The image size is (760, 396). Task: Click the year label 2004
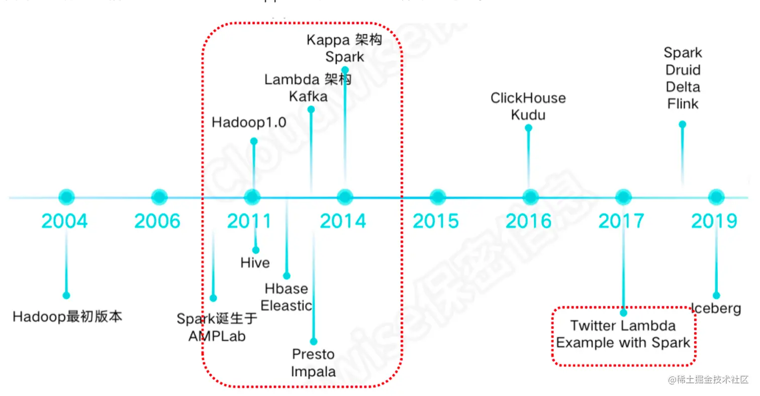coord(64,221)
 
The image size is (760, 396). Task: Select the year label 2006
coord(157,221)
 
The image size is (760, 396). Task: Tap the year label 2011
coord(249,221)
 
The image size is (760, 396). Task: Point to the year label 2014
coord(343,221)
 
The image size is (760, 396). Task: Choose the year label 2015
coord(436,221)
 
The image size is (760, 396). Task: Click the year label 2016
coord(529,221)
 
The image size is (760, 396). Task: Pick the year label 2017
coord(621,221)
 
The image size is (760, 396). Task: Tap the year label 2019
coord(714,221)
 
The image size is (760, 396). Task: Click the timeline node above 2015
coord(437,197)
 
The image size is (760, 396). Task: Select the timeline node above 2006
coord(159,197)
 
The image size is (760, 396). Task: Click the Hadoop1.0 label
coord(249,123)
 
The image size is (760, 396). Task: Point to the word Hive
coord(255,263)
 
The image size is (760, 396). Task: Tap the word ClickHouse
coord(528,98)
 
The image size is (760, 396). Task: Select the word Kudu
coord(528,115)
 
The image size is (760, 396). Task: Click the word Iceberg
coord(717,308)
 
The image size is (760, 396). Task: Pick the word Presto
coord(313,354)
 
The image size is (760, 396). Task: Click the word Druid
coord(682,70)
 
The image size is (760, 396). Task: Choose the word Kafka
coord(308,96)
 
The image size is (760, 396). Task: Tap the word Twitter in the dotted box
coord(593,326)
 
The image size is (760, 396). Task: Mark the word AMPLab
coord(217,336)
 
